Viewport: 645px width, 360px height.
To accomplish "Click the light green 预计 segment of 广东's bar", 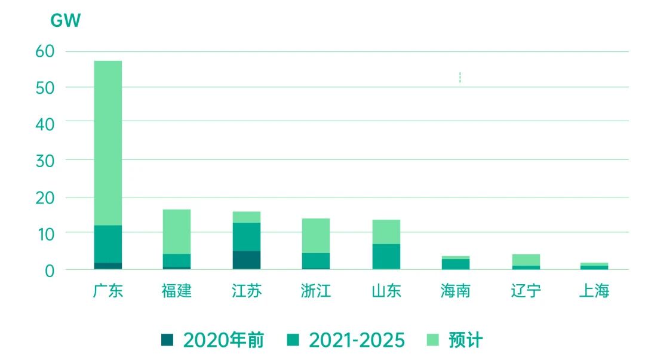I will [x=108, y=143].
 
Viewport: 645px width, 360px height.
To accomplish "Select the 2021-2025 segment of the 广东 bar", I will [x=108, y=244].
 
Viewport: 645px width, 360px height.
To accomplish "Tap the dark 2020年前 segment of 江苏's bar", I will [x=247, y=260].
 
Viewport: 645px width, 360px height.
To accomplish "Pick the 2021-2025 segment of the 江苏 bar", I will [x=247, y=236].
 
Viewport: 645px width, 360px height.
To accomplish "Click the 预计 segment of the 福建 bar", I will [x=177, y=232].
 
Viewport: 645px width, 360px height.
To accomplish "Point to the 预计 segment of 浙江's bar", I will [x=316, y=236].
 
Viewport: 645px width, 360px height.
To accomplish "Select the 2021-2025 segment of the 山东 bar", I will [x=386, y=256].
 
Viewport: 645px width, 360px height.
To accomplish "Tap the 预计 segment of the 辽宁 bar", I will [x=526, y=260].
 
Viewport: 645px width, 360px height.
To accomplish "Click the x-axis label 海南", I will [x=455, y=291].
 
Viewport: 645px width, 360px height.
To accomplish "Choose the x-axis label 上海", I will [x=594, y=291].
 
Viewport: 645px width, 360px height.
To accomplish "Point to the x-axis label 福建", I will [x=177, y=291].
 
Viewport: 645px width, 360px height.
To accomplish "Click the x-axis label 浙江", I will [x=316, y=291].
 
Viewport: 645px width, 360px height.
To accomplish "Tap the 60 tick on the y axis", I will [x=45, y=51].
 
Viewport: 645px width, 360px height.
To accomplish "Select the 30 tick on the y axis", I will [x=45, y=160].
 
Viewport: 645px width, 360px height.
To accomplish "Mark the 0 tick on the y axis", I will [x=50, y=270].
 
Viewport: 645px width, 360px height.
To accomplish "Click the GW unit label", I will [x=65, y=21].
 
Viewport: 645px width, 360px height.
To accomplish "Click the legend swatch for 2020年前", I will [x=167, y=340].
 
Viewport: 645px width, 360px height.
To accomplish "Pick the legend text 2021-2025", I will [x=357, y=340].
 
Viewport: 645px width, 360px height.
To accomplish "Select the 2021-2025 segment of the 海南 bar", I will [x=455, y=264].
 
